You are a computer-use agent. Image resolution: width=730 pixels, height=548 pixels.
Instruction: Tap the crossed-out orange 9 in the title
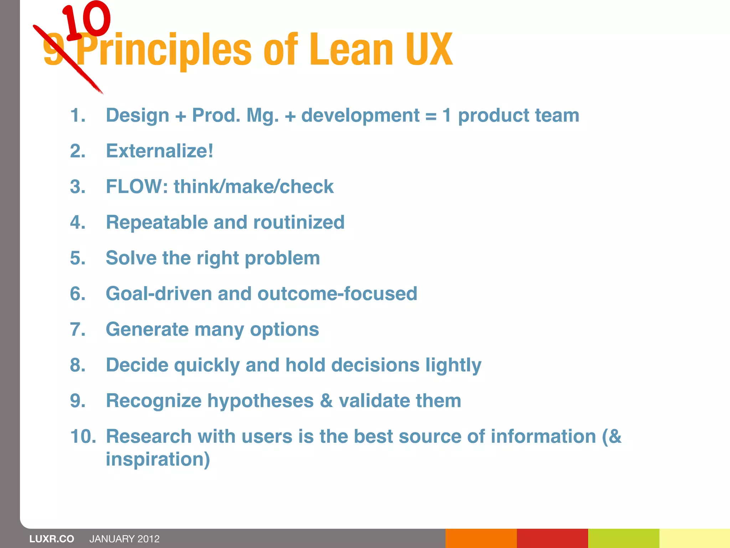coord(53,50)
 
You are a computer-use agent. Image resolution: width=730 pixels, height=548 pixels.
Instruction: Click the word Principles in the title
coord(164,50)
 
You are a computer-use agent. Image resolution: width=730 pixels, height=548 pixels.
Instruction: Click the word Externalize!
coord(160,151)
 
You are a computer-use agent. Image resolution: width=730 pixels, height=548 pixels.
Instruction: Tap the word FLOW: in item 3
coord(137,187)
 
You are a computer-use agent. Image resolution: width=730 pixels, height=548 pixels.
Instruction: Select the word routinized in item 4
coord(299,222)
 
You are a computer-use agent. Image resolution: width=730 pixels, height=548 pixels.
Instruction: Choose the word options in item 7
coord(284,329)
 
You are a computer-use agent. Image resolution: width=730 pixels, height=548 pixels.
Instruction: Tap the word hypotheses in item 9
coord(261,401)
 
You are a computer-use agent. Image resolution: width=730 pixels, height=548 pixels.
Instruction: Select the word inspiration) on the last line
coord(158,459)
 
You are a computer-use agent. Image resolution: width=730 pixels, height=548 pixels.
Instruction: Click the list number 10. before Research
coord(83,436)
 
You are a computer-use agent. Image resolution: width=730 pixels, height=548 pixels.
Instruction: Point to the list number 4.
coord(78,222)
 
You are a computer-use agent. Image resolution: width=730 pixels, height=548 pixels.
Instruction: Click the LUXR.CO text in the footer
coord(52,539)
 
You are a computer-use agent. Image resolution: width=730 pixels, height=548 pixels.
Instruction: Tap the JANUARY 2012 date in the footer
coord(124,539)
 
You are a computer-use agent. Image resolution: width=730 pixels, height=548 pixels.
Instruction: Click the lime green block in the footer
coord(623,538)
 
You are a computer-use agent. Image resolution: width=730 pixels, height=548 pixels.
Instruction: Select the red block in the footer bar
coord(552,538)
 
